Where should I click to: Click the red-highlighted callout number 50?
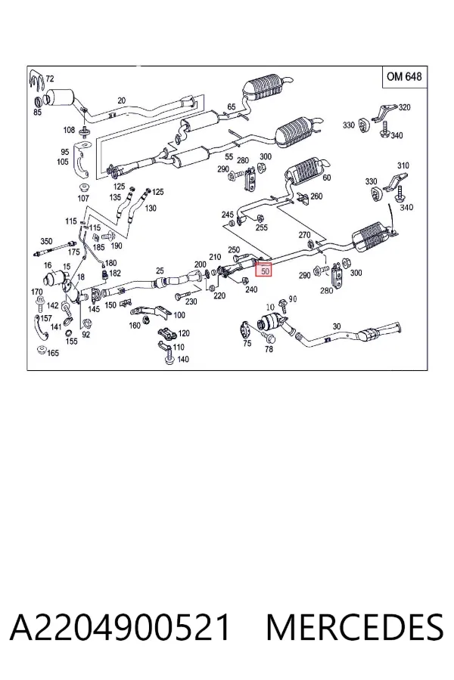click(x=265, y=270)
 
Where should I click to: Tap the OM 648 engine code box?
click(x=404, y=77)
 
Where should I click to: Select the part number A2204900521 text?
click(x=120, y=628)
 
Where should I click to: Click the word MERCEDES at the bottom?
click(x=355, y=628)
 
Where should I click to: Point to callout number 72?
click(x=50, y=79)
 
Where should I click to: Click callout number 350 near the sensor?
click(x=46, y=241)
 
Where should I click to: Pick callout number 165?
click(x=52, y=353)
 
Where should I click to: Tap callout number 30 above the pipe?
click(x=337, y=326)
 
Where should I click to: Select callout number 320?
click(x=404, y=107)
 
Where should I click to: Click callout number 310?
click(x=403, y=165)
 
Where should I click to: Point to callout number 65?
click(x=231, y=107)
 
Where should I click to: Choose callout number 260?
click(x=316, y=196)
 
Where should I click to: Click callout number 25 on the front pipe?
click(x=160, y=271)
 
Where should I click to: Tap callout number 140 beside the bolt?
click(x=183, y=359)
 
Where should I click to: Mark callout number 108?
click(x=69, y=130)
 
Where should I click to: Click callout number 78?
click(x=269, y=348)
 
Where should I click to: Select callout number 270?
click(x=304, y=235)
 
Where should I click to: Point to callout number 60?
click(x=327, y=178)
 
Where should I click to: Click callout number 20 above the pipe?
click(x=121, y=100)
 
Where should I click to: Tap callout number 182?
click(x=115, y=274)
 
